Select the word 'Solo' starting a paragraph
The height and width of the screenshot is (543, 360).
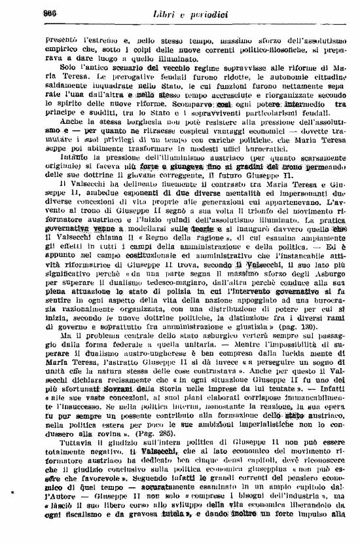click(66, 67)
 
